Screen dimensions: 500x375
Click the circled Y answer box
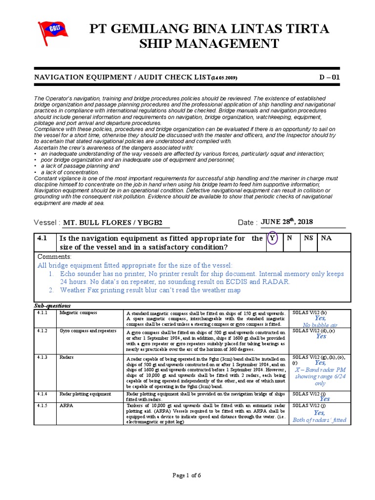(272, 239)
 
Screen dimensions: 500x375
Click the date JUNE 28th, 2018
(287, 222)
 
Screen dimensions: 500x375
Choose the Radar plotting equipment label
(85, 394)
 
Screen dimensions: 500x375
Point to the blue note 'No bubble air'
(320, 325)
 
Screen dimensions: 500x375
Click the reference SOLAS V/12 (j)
(309, 405)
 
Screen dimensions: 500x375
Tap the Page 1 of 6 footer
(187, 476)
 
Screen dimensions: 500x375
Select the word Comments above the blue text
(54, 256)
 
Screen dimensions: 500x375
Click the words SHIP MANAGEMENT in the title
(209, 44)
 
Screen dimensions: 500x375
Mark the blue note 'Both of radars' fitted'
(319, 420)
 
